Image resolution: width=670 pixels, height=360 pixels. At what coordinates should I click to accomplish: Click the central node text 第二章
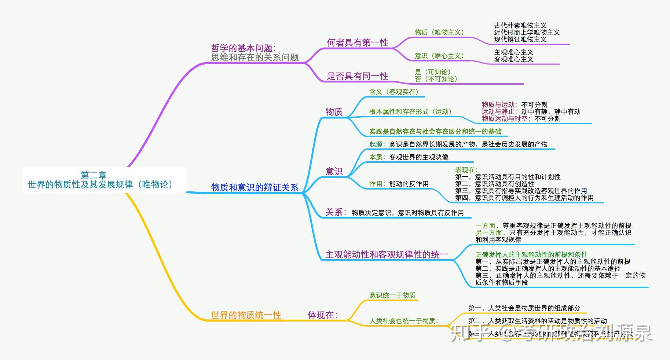(94, 175)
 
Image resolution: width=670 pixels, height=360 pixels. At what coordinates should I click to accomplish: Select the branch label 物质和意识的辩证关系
(255, 188)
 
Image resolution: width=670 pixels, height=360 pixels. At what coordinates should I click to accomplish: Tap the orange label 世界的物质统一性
(246, 315)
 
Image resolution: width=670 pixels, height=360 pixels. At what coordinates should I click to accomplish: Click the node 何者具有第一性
(357, 43)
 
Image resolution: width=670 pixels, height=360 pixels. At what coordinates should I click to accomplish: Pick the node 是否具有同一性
(357, 76)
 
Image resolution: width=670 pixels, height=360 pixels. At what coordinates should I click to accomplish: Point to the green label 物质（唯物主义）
(439, 33)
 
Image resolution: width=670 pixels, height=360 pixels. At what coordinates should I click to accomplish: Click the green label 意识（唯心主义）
(439, 56)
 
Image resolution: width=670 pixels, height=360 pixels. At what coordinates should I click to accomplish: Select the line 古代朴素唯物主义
(520, 26)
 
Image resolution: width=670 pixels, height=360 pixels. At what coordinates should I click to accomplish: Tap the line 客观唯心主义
(513, 59)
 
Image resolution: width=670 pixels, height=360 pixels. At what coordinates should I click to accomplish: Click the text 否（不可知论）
(436, 79)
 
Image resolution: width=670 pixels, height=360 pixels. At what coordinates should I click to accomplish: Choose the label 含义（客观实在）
(394, 92)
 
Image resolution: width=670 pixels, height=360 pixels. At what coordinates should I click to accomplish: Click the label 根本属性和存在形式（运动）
(410, 112)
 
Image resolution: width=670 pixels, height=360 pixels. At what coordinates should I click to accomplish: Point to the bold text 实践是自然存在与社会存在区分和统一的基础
(435, 132)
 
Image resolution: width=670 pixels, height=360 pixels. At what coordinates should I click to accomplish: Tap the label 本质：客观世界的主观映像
(409, 157)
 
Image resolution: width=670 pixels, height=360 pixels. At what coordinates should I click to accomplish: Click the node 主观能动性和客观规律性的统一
(387, 255)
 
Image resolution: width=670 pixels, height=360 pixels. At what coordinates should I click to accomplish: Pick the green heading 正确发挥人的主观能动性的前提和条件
(531, 254)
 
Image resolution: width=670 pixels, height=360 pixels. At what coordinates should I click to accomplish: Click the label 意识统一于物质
(392, 295)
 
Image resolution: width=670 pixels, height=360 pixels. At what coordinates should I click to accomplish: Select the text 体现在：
(322, 315)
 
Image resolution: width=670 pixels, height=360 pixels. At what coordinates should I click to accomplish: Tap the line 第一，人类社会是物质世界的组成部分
(524, 308)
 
